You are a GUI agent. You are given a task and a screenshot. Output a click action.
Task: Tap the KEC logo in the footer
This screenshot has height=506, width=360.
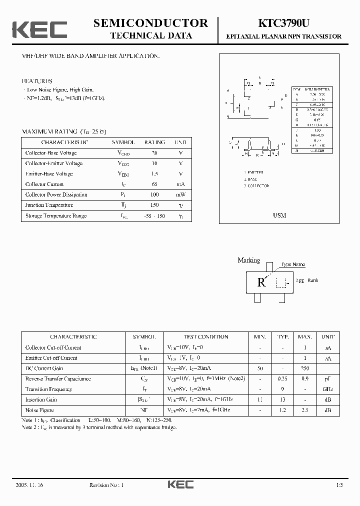point(180,484)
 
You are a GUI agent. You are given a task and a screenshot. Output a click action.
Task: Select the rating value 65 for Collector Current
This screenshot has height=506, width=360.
point(154,184)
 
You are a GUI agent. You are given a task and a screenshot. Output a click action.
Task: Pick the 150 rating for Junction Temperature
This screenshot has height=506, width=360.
point(154,205)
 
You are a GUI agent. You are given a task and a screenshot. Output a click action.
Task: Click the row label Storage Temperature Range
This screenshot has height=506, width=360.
point(56,216)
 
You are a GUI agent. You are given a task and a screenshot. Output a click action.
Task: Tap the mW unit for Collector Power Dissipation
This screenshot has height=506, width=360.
point(180,195)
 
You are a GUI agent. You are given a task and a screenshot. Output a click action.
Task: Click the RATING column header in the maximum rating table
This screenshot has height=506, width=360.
point(154,142)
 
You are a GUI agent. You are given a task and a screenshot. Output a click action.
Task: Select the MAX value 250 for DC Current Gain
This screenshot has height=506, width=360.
point(304,368)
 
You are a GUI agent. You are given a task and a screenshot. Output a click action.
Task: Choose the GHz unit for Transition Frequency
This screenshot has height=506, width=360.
point(327,389)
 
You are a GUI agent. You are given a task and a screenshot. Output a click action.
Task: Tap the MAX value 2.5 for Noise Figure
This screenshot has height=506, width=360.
point(304,410)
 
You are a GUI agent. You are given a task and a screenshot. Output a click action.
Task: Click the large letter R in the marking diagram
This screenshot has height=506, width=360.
point(261,282)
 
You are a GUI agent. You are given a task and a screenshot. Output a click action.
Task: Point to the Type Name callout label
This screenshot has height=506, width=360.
point(293,264)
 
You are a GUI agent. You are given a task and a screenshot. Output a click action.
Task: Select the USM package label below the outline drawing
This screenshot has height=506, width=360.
point(279,215)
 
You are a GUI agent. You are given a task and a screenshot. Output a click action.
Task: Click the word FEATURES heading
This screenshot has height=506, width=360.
point(37,81)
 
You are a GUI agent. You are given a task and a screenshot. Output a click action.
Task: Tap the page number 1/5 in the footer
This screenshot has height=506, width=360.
point(340,485)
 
